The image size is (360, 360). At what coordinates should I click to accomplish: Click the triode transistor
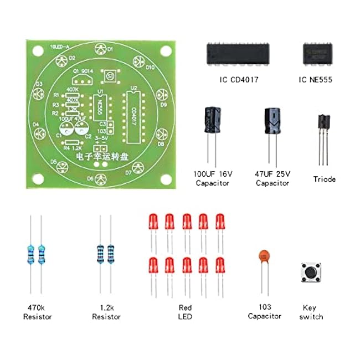tap(323, 126)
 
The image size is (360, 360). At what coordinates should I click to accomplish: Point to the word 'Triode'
tap(324, 179)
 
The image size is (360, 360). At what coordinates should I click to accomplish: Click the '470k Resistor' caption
tap(38, 311)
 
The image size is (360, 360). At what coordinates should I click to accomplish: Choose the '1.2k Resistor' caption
tap(106, 311)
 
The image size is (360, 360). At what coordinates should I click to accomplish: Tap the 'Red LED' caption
tap(186, 311)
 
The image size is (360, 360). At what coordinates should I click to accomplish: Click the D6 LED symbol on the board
tap(100, 178)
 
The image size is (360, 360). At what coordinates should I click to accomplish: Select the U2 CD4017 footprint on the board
tap(132, 114)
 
